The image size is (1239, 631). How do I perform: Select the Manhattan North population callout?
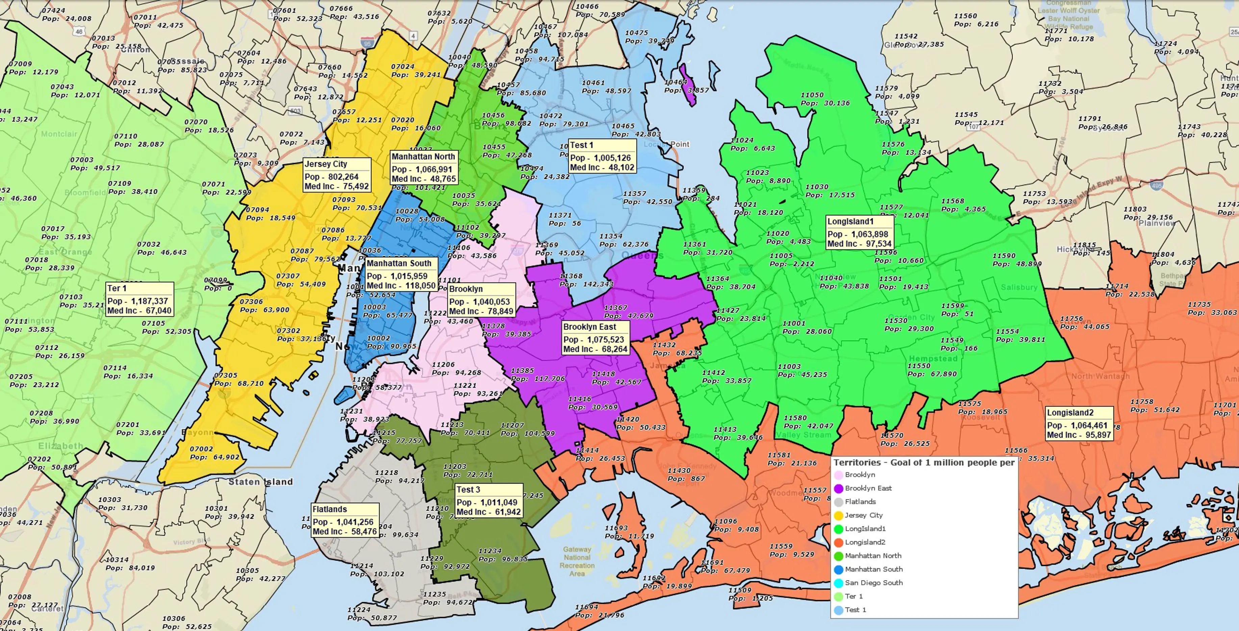point(423,168)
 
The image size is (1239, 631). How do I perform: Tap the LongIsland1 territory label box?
point(859,232)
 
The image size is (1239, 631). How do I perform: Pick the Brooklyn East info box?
point(596,338)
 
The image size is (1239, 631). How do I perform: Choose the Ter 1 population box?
point(140,299)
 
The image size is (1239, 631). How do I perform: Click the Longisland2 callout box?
point(1079,424)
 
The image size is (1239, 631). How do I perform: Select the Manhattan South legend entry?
point(874,569)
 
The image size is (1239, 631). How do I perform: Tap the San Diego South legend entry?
point(874,582)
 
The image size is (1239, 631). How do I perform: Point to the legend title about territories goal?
point(924,463)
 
